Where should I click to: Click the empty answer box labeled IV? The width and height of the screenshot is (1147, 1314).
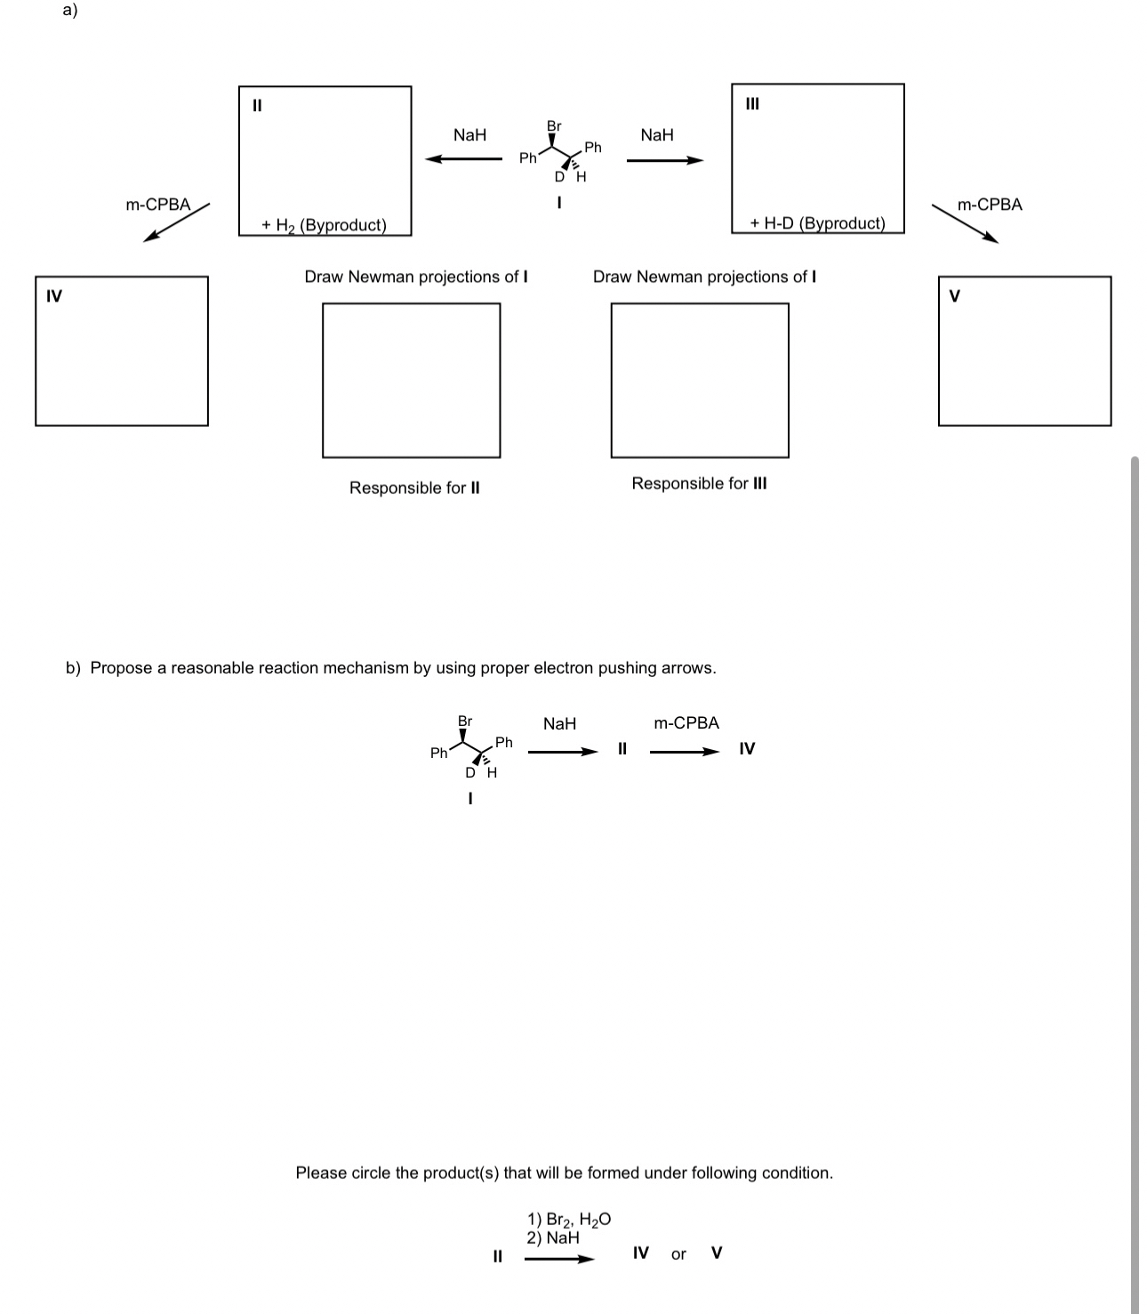click(122, 351)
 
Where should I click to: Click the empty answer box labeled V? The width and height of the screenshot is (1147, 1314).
click(1024, 351)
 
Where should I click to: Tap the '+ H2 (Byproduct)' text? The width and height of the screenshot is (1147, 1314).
click(324, 225)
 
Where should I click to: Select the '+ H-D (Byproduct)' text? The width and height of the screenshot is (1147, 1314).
click(817, 223)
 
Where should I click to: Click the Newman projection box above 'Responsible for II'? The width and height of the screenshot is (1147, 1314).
click(411, 380)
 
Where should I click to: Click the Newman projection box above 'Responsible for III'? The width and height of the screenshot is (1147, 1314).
click(700, 380)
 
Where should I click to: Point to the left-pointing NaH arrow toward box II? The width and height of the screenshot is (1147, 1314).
click(463, 159)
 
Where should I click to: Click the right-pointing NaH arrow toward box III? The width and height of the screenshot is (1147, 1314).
click(664, 160)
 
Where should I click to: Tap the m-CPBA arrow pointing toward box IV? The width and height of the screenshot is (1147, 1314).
click(177, 222)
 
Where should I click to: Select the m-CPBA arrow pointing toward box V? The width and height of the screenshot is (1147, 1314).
click(965, 223)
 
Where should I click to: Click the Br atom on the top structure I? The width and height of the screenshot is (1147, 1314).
click(554, 126)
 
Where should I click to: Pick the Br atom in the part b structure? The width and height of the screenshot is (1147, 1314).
click(465, 721)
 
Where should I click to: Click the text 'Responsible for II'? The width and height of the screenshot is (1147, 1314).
click(414, 488)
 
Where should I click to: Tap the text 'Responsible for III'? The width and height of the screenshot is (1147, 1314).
click(699, 483)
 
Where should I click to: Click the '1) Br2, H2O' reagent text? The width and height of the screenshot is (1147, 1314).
click(569, 1219)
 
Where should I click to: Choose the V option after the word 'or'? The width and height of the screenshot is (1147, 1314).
click(717, 1253)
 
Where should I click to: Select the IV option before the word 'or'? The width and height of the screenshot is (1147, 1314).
click(640, 1253)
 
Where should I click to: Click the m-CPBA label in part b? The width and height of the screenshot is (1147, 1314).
click(686, 723)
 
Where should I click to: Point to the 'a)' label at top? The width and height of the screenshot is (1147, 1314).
click(70, 10)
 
